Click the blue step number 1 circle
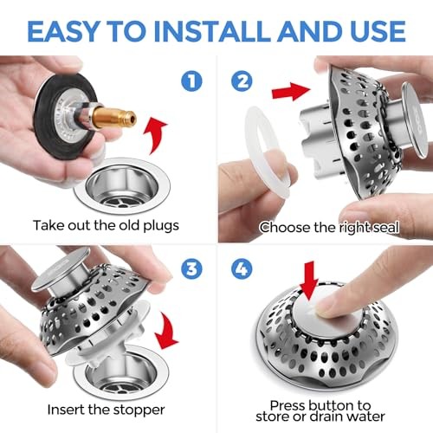pyautogui.click(x=191, y=81)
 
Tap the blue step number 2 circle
pyautogui.click(x=242, y=81)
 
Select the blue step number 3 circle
pyautogui.click(x=191, y=269)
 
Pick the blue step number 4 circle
pyautogui.click(x=242, y=269)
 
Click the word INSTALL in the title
pyautogui.click(x=213, y=31)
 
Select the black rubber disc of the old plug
pyautogui.click(x=65, y=115)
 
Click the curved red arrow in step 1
pyautogui.click(x=156, y=136)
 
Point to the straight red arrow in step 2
pyautogui.click(x=291, y=91)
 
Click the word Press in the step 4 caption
pyautogui.click(x=288, y=405)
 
